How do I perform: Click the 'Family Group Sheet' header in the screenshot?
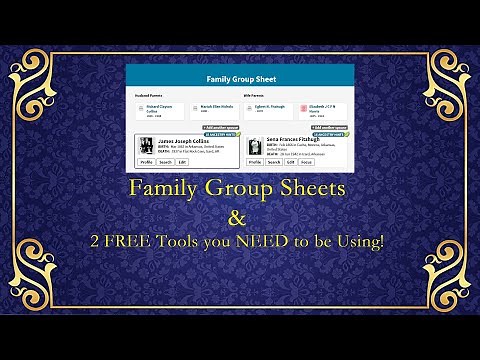pyautogui.click(x=240, y=78)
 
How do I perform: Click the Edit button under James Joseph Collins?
pyautogui.click(x=182, y=161)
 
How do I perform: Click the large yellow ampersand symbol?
pyautogui.click(x=239, y=214)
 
